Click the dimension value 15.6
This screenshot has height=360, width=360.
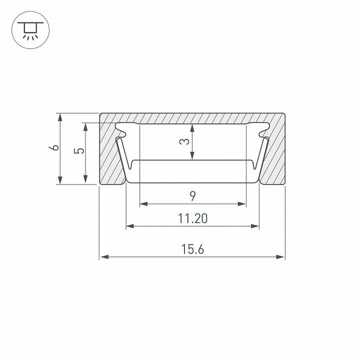[192, 248]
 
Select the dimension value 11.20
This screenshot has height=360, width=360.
[192, 218]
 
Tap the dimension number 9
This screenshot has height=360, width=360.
[192, 195]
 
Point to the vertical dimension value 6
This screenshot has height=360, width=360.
[55, 148]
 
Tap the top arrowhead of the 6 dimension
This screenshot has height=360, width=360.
[60, 117]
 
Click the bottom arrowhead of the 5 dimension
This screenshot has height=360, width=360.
[86, 180]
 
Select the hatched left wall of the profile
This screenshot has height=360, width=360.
[111, 155]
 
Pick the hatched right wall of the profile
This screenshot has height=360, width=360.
[274, 155]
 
